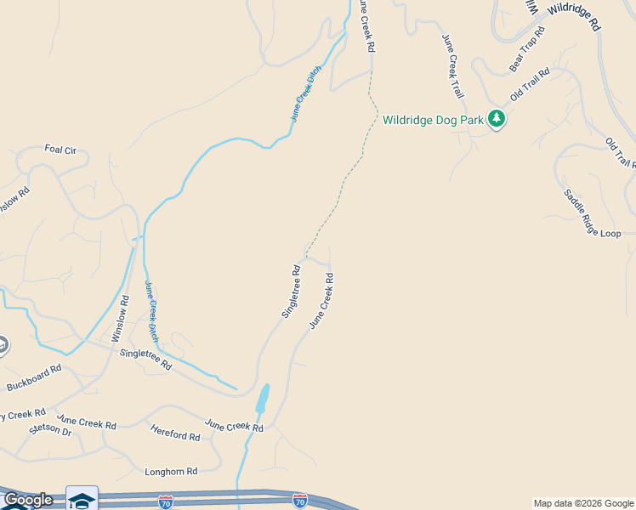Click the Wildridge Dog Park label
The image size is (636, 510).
point(433,120)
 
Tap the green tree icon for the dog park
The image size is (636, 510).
point(497,120)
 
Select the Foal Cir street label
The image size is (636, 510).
point(60,150)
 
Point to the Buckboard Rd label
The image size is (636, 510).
point(34,377)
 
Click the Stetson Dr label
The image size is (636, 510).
point(50,431)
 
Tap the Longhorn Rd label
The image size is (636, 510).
point(171,471)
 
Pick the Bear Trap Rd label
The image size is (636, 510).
point(527,49)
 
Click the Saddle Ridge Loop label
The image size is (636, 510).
point(593,214)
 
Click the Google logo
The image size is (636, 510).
point(27,500)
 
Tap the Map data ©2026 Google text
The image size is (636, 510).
point(583,503)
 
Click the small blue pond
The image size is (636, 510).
point(263,398)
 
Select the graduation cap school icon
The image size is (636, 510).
point(82,499)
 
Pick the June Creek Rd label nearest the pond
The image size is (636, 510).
point(234,424)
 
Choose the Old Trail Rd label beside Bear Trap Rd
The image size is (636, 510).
point(530,83)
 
